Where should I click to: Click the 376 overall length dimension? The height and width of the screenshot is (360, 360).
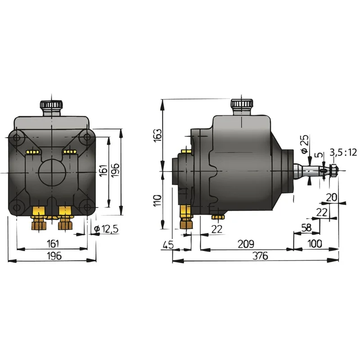pos(260,256)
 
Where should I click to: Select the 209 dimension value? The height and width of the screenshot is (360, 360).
pos(246,244)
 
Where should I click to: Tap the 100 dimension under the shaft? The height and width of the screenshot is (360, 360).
pos(315,243)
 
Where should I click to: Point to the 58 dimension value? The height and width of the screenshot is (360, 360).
pos(306,228)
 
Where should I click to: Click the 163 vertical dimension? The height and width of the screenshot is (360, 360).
pos(158,135)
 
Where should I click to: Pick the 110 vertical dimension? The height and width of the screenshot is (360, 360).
pos(158,200)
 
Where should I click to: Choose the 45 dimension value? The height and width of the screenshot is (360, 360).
pos(168,245)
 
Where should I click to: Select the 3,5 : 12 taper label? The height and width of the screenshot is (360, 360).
pos(343,152)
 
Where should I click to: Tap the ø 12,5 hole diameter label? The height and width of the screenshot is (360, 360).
pos(106,229)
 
